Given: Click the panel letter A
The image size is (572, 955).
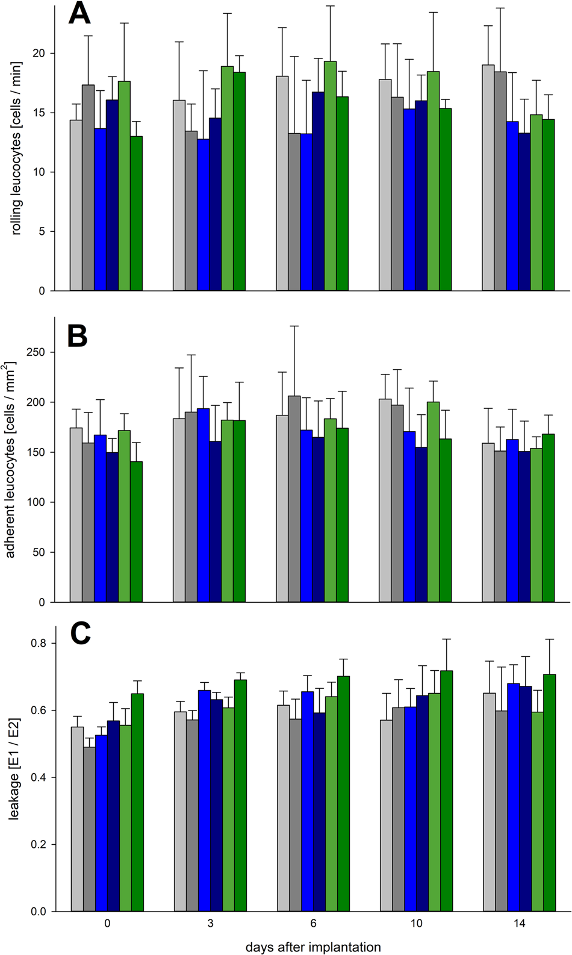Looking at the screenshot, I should point(79,13).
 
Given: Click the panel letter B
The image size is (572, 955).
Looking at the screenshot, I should point(78,335).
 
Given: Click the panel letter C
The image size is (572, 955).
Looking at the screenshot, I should point(80,633).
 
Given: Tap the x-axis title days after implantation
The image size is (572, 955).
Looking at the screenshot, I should point(312,947).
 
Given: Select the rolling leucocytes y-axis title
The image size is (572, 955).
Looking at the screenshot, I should point(16,148).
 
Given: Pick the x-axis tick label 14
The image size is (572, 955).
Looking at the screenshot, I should point(518,924).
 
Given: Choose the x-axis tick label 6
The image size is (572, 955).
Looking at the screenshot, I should point(313,924).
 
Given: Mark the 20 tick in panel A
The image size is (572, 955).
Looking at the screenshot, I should point(39,54).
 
